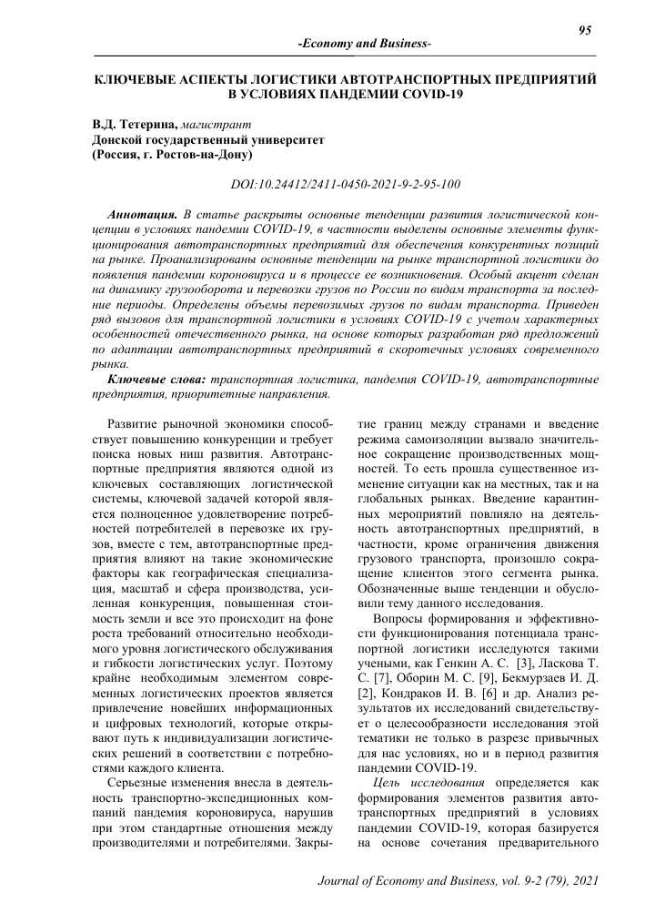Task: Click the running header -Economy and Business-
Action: (364, 45)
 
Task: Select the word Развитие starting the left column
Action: (136, 424)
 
